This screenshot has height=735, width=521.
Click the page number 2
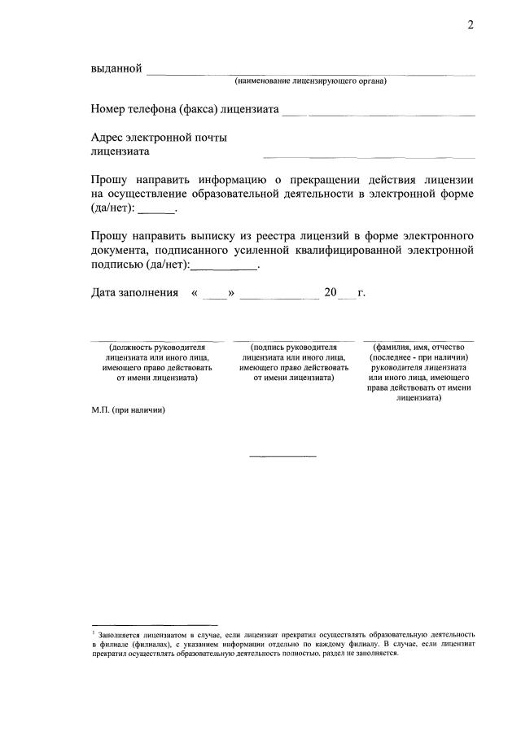(x=470, y=24)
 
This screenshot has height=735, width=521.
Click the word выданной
(x=116, y=68)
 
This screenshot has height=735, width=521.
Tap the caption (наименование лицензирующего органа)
(x=310, y=81)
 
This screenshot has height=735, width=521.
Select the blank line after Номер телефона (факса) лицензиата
(x=379, y=112)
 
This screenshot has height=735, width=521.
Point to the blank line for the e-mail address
(x=368, y=155)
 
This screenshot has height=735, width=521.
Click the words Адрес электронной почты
(x=159, y=138)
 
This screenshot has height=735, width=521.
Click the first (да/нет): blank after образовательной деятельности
(x=157, y=212)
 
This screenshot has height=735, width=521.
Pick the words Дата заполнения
(x=134, y=293)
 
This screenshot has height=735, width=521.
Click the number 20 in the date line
(x=331, y=293)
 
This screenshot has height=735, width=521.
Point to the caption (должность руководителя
(x=153, y=347)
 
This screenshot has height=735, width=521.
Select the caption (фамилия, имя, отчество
(x=419, y=347)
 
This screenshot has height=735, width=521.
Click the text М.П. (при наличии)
(x=128, y=410)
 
